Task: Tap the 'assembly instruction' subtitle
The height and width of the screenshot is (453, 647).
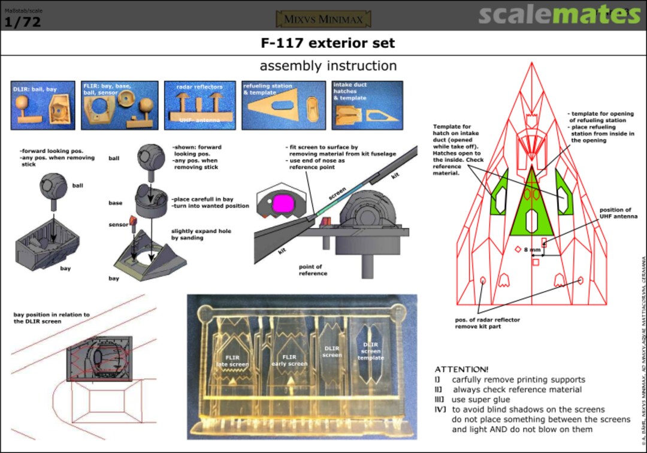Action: [x=328, y=65]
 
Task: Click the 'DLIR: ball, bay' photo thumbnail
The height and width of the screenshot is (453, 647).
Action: [x=43, y=105]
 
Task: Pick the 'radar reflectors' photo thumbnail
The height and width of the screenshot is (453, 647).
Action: [x=199, y=105]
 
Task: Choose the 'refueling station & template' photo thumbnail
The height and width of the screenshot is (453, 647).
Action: [x=279, y=105]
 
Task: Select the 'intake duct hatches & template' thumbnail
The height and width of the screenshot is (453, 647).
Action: [x=359, y=105]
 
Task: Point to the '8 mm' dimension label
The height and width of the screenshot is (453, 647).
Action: [x=532, y=250]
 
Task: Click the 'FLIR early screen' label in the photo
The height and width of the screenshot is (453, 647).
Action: [x=289, y=361]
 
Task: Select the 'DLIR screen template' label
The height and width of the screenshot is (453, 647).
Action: [x=371, y=351]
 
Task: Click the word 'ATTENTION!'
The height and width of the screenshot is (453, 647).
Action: [x=461, y=369]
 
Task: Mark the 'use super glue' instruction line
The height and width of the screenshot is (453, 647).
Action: [x=480, y=399]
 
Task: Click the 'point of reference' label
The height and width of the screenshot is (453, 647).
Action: [x=313, y=270]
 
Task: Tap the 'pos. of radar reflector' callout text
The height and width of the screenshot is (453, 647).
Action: [x=487, y=323]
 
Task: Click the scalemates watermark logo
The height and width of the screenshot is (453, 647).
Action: [x=559, y=15]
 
